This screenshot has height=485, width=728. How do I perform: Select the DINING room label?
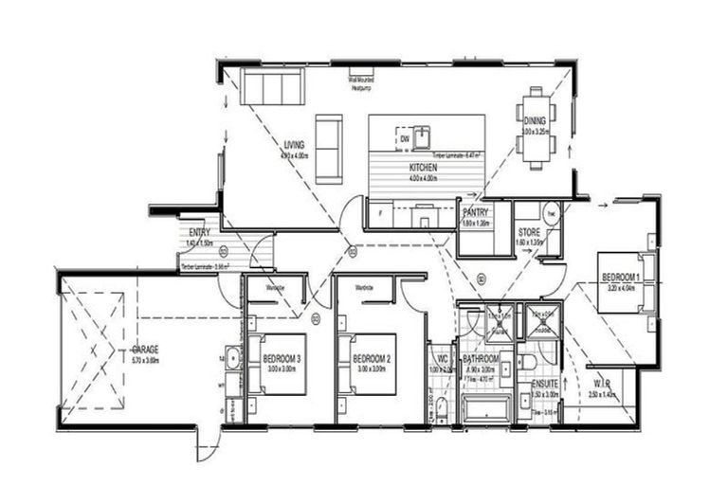(x=536, y=119)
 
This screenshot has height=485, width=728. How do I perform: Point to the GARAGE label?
(x=145, y=349)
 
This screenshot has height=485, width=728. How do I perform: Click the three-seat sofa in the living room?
(x=272, y=86)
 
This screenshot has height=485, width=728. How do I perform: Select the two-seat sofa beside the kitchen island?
(x=329, y=149)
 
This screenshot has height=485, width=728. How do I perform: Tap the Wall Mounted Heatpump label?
(x=361, y=82)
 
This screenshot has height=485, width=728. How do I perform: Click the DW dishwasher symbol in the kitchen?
(x=405, y=139)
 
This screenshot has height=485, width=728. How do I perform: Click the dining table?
(x=537, y=128)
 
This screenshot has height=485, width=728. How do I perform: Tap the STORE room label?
(x=529, y=231)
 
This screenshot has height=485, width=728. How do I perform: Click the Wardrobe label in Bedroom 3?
(x=276, y=287)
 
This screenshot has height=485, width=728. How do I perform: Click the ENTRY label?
(x=199, y=232)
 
